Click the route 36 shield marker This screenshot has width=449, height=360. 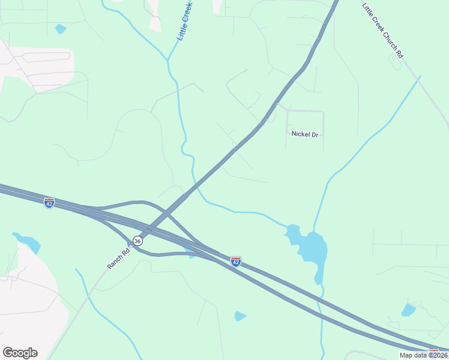137,241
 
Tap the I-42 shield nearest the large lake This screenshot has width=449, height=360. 236,262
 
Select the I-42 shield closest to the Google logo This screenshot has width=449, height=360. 49,203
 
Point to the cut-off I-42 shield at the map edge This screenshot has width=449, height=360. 433,352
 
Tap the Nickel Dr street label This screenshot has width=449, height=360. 304,134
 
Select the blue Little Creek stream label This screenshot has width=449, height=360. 184,22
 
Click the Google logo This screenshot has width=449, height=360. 20,353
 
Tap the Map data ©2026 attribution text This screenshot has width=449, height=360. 423,355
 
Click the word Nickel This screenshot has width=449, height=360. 300,134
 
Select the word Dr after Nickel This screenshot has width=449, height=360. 314,134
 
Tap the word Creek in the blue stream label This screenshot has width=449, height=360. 187,14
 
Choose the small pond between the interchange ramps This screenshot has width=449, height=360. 190,250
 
